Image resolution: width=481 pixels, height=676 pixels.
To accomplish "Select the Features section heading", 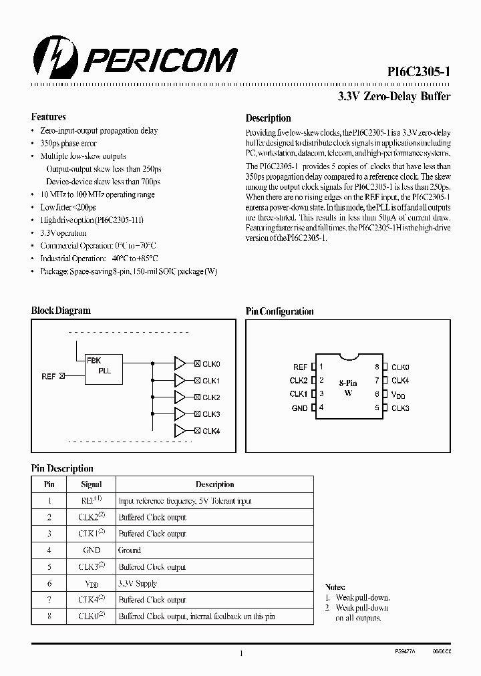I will tap(49, 117).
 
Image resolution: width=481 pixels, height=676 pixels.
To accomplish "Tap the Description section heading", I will tap(268, 118).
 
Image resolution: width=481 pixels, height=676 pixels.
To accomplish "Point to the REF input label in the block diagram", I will tap(49, 377).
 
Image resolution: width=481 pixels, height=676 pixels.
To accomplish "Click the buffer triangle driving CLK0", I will tap(180, 363).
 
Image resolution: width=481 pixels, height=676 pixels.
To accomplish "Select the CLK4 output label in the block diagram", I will tap(211, 431).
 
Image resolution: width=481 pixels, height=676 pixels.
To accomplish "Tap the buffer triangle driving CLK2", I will tap(180, 397).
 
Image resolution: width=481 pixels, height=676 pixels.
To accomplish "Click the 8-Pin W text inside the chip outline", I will tap(348, 388).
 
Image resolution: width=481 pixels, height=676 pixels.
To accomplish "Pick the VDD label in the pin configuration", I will tap(399, 395).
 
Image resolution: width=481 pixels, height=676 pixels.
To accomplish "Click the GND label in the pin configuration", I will tap(299, 408).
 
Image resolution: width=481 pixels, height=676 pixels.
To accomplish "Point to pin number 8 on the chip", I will tap(377, 367).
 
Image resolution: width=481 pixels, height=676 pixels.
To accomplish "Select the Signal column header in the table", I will tap(91, 484).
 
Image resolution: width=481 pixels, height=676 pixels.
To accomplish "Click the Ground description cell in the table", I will tap(130, 550).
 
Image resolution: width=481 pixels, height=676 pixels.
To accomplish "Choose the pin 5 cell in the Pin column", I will tap(49, 567).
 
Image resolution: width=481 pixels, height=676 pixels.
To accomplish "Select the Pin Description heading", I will tap(62, 468).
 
